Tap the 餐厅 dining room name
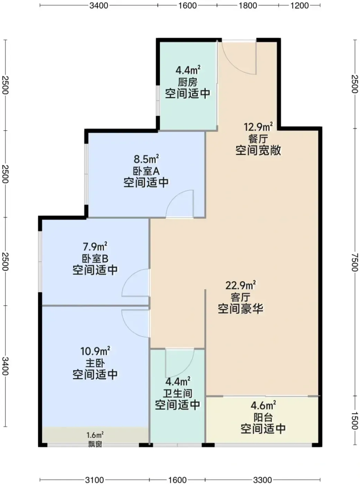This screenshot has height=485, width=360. point(258,139)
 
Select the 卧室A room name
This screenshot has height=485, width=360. point(146,171)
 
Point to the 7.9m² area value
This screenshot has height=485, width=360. point(95,247)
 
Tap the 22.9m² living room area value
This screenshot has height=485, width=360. point(241,285)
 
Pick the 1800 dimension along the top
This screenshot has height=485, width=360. point(247,6)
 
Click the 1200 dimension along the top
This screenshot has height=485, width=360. point(299,6)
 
